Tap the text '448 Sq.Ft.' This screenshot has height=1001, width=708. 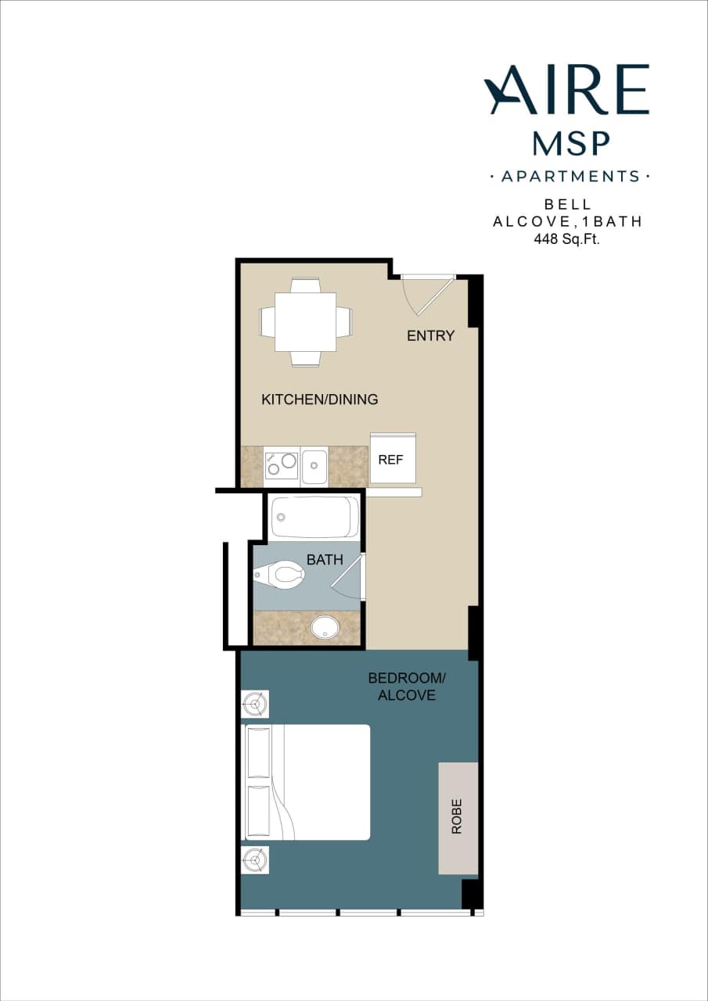point(566,239)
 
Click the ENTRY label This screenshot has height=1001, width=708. point(430,336)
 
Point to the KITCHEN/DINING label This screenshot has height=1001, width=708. point(319,400)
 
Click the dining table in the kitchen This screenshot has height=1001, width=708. point(305,322)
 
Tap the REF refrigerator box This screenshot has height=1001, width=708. point(392,459)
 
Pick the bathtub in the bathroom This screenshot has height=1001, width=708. point(315,516)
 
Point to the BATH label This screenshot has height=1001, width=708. point(324,560)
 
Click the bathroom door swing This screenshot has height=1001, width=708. point(347,577)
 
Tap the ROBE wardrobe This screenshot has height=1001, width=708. point(458,817)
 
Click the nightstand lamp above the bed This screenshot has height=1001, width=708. point(255,704)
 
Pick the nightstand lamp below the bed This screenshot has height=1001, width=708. point(255,860)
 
